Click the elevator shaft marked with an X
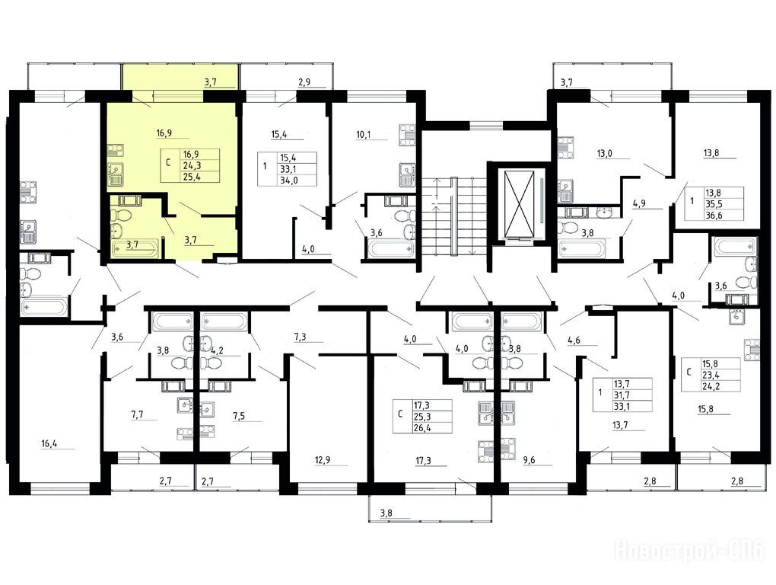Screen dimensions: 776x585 518,203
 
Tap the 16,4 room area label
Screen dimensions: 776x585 49,443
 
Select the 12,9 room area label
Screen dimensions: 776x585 323,460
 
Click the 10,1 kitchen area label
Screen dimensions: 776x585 363,134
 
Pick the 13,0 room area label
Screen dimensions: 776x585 604,154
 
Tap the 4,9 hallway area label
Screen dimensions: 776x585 639,203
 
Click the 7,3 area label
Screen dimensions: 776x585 300,337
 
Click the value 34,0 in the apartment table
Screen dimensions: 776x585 288,181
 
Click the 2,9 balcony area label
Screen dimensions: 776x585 304,82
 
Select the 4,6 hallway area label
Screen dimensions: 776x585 574,340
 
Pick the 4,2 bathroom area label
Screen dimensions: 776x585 217,351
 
